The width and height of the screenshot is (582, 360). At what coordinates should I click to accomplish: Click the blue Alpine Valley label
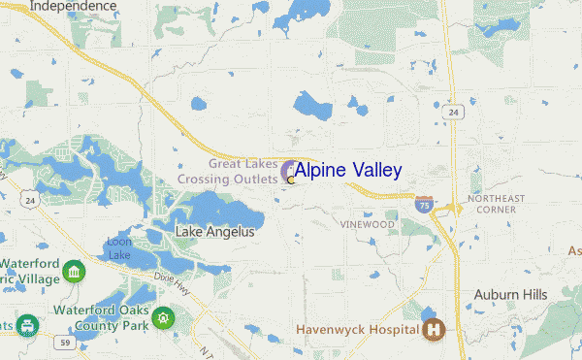point(347,171)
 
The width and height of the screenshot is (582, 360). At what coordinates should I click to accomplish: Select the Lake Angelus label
point(214,232)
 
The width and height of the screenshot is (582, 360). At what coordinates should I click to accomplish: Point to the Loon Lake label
point(118,247)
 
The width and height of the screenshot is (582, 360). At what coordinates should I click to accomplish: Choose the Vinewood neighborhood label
point(368,224)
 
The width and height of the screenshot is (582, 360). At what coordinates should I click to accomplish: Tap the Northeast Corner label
point(495,204)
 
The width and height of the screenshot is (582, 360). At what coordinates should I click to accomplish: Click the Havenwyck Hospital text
point(357,330)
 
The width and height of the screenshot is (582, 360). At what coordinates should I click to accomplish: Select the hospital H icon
point(435,329)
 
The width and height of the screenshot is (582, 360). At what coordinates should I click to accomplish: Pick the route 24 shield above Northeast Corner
point(453,113)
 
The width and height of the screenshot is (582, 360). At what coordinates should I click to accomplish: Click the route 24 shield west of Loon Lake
point(30,201)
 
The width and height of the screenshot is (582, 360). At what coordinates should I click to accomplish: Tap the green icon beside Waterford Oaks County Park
point(163,317)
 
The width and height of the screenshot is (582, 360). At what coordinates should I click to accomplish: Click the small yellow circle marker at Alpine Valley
point(290,180)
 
